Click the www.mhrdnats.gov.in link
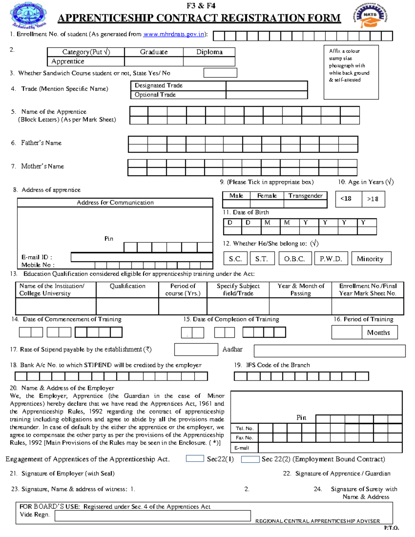tap(174, 34)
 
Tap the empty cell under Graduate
tap(154, 62)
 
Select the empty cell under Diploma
tap(209, 62)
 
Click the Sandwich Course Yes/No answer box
tap(220, 73)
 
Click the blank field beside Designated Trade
tap(266, 85)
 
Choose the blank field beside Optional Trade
tap(266, 95)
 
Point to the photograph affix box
tap(351, 72)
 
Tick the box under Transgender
tap(305, 204)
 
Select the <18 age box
tap(349, 199)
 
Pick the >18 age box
tap(373, 199)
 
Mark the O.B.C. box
tap(295, 259)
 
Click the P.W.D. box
tap(331, 259)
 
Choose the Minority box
tap(371, 259)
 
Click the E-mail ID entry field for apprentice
tap(141, 257)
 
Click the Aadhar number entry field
tap(329, 351)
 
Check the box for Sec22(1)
tap(195, 459)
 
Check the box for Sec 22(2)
tap(250, 459)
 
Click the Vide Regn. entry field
tap(153, 516)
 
